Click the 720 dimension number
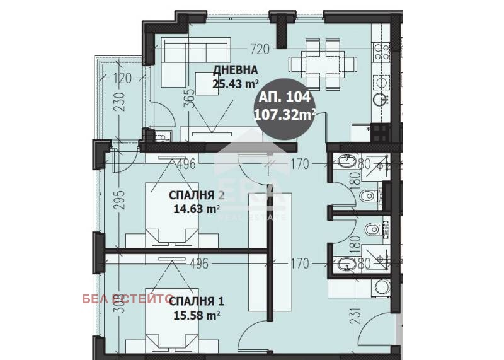pyautogui.click(x=259, y=47)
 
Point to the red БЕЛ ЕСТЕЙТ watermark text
pyautogui.click(x=123, y=299)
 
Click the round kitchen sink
pyautogui.click(x=381, y=100)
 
